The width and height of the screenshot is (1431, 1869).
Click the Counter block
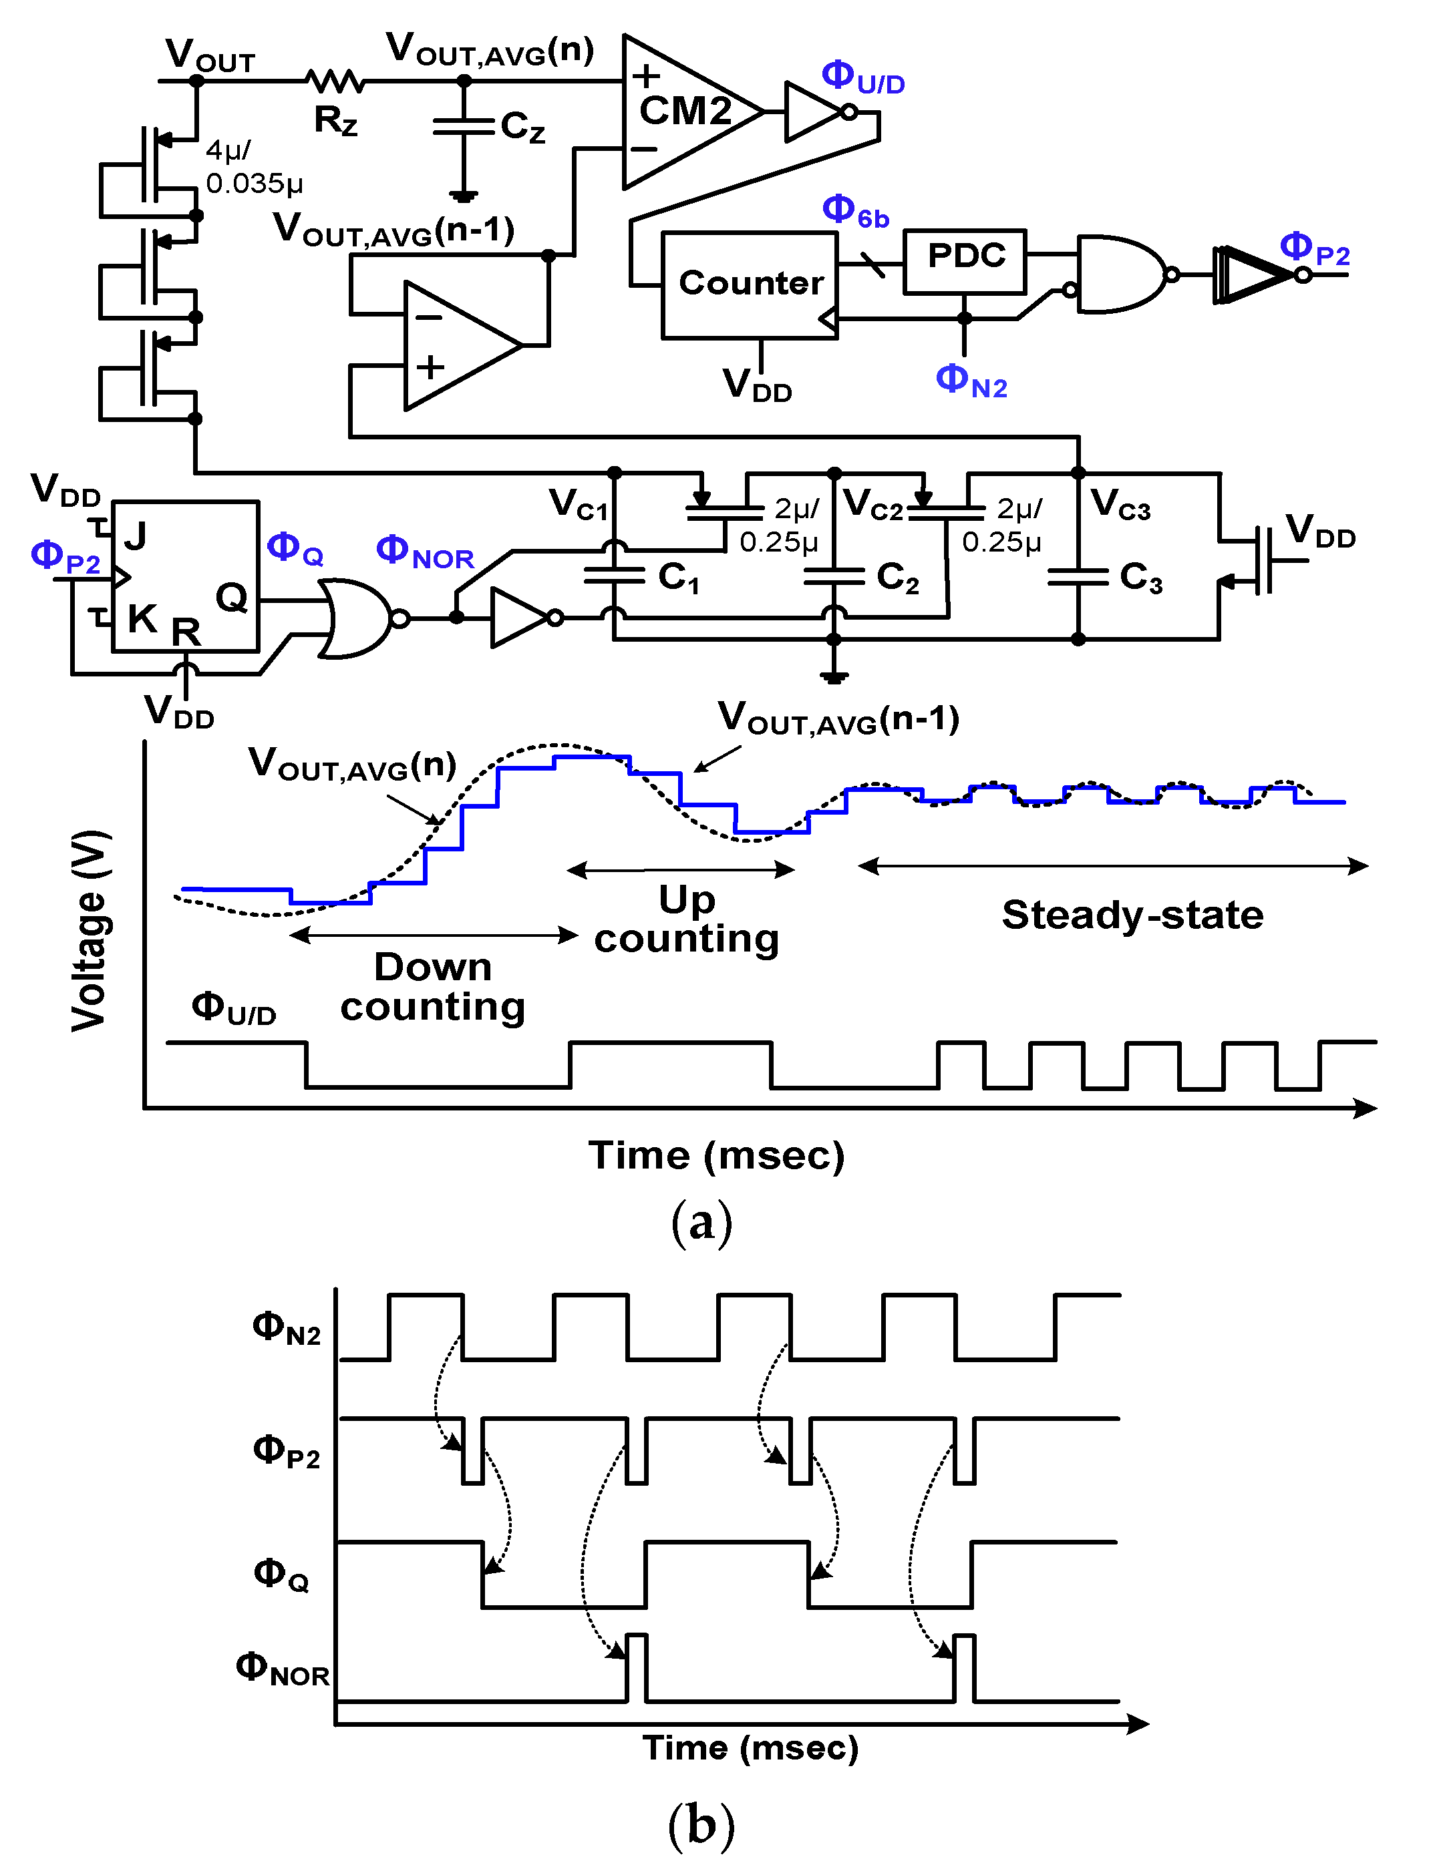click(750, 284)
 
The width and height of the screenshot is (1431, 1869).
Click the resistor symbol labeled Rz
click(335, 81)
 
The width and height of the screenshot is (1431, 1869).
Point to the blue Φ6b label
click(855, 211)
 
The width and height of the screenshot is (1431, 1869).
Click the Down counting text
click(433, 987)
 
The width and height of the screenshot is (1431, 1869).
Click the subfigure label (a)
click(701, 1223)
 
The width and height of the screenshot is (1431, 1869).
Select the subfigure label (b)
click(701, 1825)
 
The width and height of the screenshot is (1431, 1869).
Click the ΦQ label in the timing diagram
click(281, 1574)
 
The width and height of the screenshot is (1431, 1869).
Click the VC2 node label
click(872, 504)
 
